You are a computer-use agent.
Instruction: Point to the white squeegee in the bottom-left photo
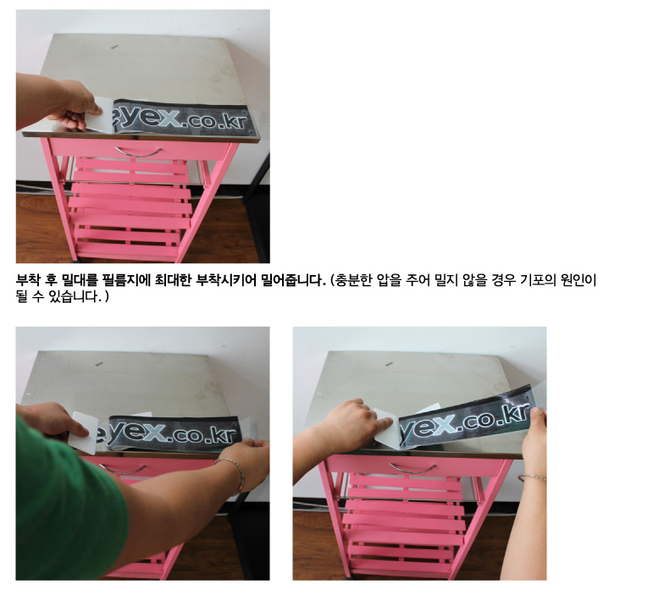click(85, 433)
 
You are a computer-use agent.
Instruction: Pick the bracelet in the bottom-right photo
click(532, 477)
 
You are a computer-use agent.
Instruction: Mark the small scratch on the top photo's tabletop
click(114, 47)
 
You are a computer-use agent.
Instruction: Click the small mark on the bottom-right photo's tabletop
click(389, 364)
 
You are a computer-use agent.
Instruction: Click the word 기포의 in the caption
click(538, 280)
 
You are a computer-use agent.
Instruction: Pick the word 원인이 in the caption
click(579, 280)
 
